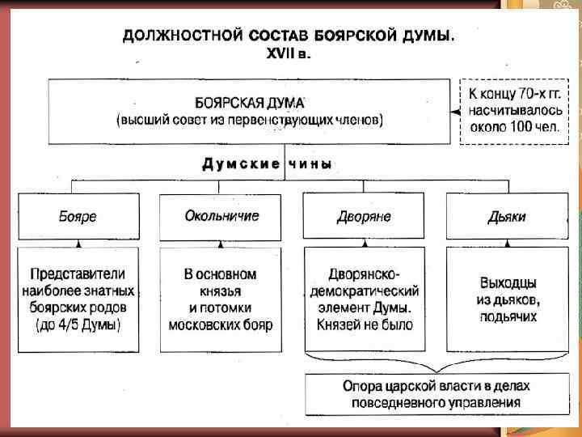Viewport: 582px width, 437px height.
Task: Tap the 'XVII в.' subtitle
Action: (x=289, y=53)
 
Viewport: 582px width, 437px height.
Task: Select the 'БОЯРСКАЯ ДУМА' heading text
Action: (x=250, y=104)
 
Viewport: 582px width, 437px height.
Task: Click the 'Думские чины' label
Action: (x=267, y=163)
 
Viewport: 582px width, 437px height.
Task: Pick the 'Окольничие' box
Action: (x=221, y=216)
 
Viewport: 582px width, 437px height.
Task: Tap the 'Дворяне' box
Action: (x=365, y=217)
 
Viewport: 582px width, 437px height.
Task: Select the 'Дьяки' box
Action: (x=507, y=217)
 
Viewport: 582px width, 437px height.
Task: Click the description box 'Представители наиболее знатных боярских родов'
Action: (x=78, y=299)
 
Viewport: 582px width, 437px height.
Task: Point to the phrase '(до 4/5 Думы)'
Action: (x=78, y=325)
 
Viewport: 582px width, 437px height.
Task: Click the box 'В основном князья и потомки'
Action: (x=221, y=299)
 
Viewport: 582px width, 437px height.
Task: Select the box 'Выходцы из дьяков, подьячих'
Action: (x=507, y=299)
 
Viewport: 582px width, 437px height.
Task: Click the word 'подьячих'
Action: (x=508, y=316)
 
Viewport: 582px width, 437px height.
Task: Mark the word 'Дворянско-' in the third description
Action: (x=365, y=273)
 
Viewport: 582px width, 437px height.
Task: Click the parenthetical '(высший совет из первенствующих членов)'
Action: (x=250, y=121)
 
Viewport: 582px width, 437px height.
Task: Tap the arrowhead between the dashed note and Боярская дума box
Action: (x=455, y=111)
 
